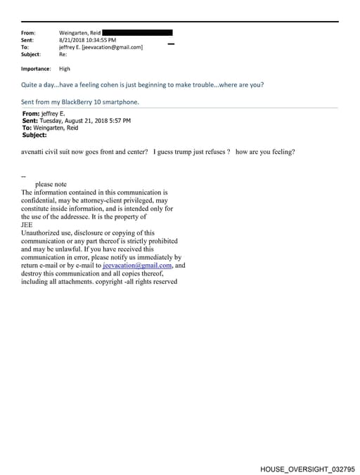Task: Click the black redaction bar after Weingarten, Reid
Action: pos(137,32)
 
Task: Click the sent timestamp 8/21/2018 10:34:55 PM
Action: pos(88,40)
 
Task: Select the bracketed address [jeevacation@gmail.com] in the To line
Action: pos(112,47)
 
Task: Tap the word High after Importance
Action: pos(65,69)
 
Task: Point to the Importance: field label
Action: pos(36,69)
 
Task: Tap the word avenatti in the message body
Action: pos(35,152)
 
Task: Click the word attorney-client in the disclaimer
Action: pos(103,200)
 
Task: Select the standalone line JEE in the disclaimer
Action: pos(27,225)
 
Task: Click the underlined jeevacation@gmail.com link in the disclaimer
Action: pos(137,266)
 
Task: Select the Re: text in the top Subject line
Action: pos(63,54)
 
